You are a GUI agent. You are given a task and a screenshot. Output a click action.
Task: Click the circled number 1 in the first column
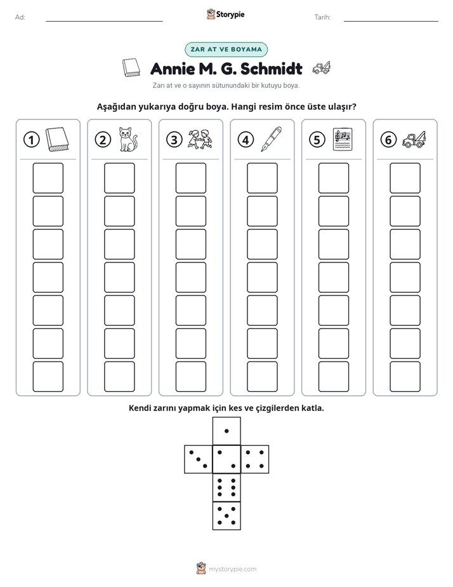point(31,140)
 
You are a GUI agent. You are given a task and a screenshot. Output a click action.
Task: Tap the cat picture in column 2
point(128,139)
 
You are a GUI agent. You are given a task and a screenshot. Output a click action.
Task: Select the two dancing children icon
point(200,139)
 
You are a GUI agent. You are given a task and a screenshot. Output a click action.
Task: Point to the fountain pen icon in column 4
point(271,139)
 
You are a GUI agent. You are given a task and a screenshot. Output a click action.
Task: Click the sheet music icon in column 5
point(343,139)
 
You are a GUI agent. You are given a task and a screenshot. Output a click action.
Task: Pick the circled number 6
point(388,140)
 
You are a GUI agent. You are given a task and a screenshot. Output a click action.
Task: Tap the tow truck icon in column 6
point(414,139)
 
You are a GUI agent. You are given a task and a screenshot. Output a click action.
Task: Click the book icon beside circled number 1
point(57,140)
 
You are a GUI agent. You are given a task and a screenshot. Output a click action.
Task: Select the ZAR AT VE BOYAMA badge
point(226,50)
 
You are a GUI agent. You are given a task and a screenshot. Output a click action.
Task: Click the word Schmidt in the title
point(272,69)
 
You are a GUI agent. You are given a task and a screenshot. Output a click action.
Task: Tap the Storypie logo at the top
point(225,15)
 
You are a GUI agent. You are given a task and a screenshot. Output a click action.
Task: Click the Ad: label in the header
point(20,17)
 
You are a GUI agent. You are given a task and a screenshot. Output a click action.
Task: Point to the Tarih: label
point(322,17)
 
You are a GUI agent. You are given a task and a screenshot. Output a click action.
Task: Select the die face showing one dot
point(226,431)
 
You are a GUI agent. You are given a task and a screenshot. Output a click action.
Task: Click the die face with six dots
point(226,487)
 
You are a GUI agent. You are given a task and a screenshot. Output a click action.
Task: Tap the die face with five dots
point(226,516)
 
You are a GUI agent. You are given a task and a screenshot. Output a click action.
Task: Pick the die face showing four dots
point(255,459)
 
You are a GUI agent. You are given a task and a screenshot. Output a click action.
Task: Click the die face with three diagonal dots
point(199,459)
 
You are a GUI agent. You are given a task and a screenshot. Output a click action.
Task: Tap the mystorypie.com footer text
point(232,569)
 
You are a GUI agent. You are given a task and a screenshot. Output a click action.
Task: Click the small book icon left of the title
point(131,68)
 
